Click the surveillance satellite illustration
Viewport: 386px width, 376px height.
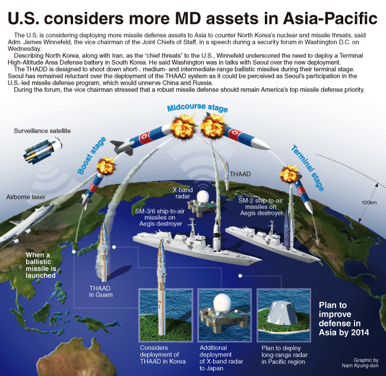[42, 150]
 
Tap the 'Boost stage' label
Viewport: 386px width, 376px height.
[91, 155]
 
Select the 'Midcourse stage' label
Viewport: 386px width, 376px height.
[197, 108]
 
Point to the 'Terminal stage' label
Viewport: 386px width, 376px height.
[308, 168]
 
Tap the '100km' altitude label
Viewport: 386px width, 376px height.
[369, 203]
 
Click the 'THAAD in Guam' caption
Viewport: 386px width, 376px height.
[101, 291]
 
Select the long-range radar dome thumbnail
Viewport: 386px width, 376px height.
[284, 316]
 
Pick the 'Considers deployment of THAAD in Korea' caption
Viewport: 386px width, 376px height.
[163, 355]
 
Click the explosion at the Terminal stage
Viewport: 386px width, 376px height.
[290, 174]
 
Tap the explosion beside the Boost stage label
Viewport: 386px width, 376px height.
[106, 165]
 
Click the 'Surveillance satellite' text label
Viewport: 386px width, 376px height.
[42, 131]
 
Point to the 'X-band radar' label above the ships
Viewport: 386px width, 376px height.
[182, 193]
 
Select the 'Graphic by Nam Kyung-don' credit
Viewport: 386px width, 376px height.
[360, 363]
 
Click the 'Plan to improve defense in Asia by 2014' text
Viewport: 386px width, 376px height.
[344, 318]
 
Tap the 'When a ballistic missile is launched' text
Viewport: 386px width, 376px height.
[41, 265]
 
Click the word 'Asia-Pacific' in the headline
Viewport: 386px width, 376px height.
[330, 18]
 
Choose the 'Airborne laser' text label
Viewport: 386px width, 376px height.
[26, 197]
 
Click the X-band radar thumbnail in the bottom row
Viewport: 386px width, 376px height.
[224, 316]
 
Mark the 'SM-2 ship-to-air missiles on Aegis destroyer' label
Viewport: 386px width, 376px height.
[261, 207]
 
